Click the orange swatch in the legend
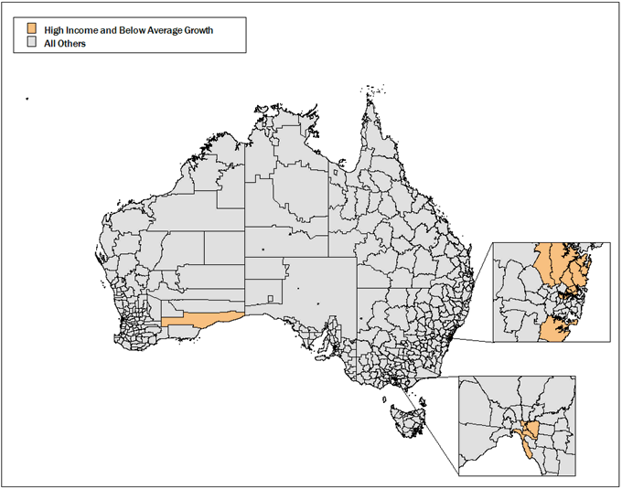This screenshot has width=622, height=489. (x=32, y=29)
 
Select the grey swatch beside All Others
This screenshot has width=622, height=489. (x=32, y=42)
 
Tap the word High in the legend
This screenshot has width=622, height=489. (x=55, y=30)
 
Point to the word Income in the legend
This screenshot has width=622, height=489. (x=87, y=30)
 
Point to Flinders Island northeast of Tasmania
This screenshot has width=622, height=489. (x=421, y=399)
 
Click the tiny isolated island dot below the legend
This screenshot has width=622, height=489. (x=27, y=98)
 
